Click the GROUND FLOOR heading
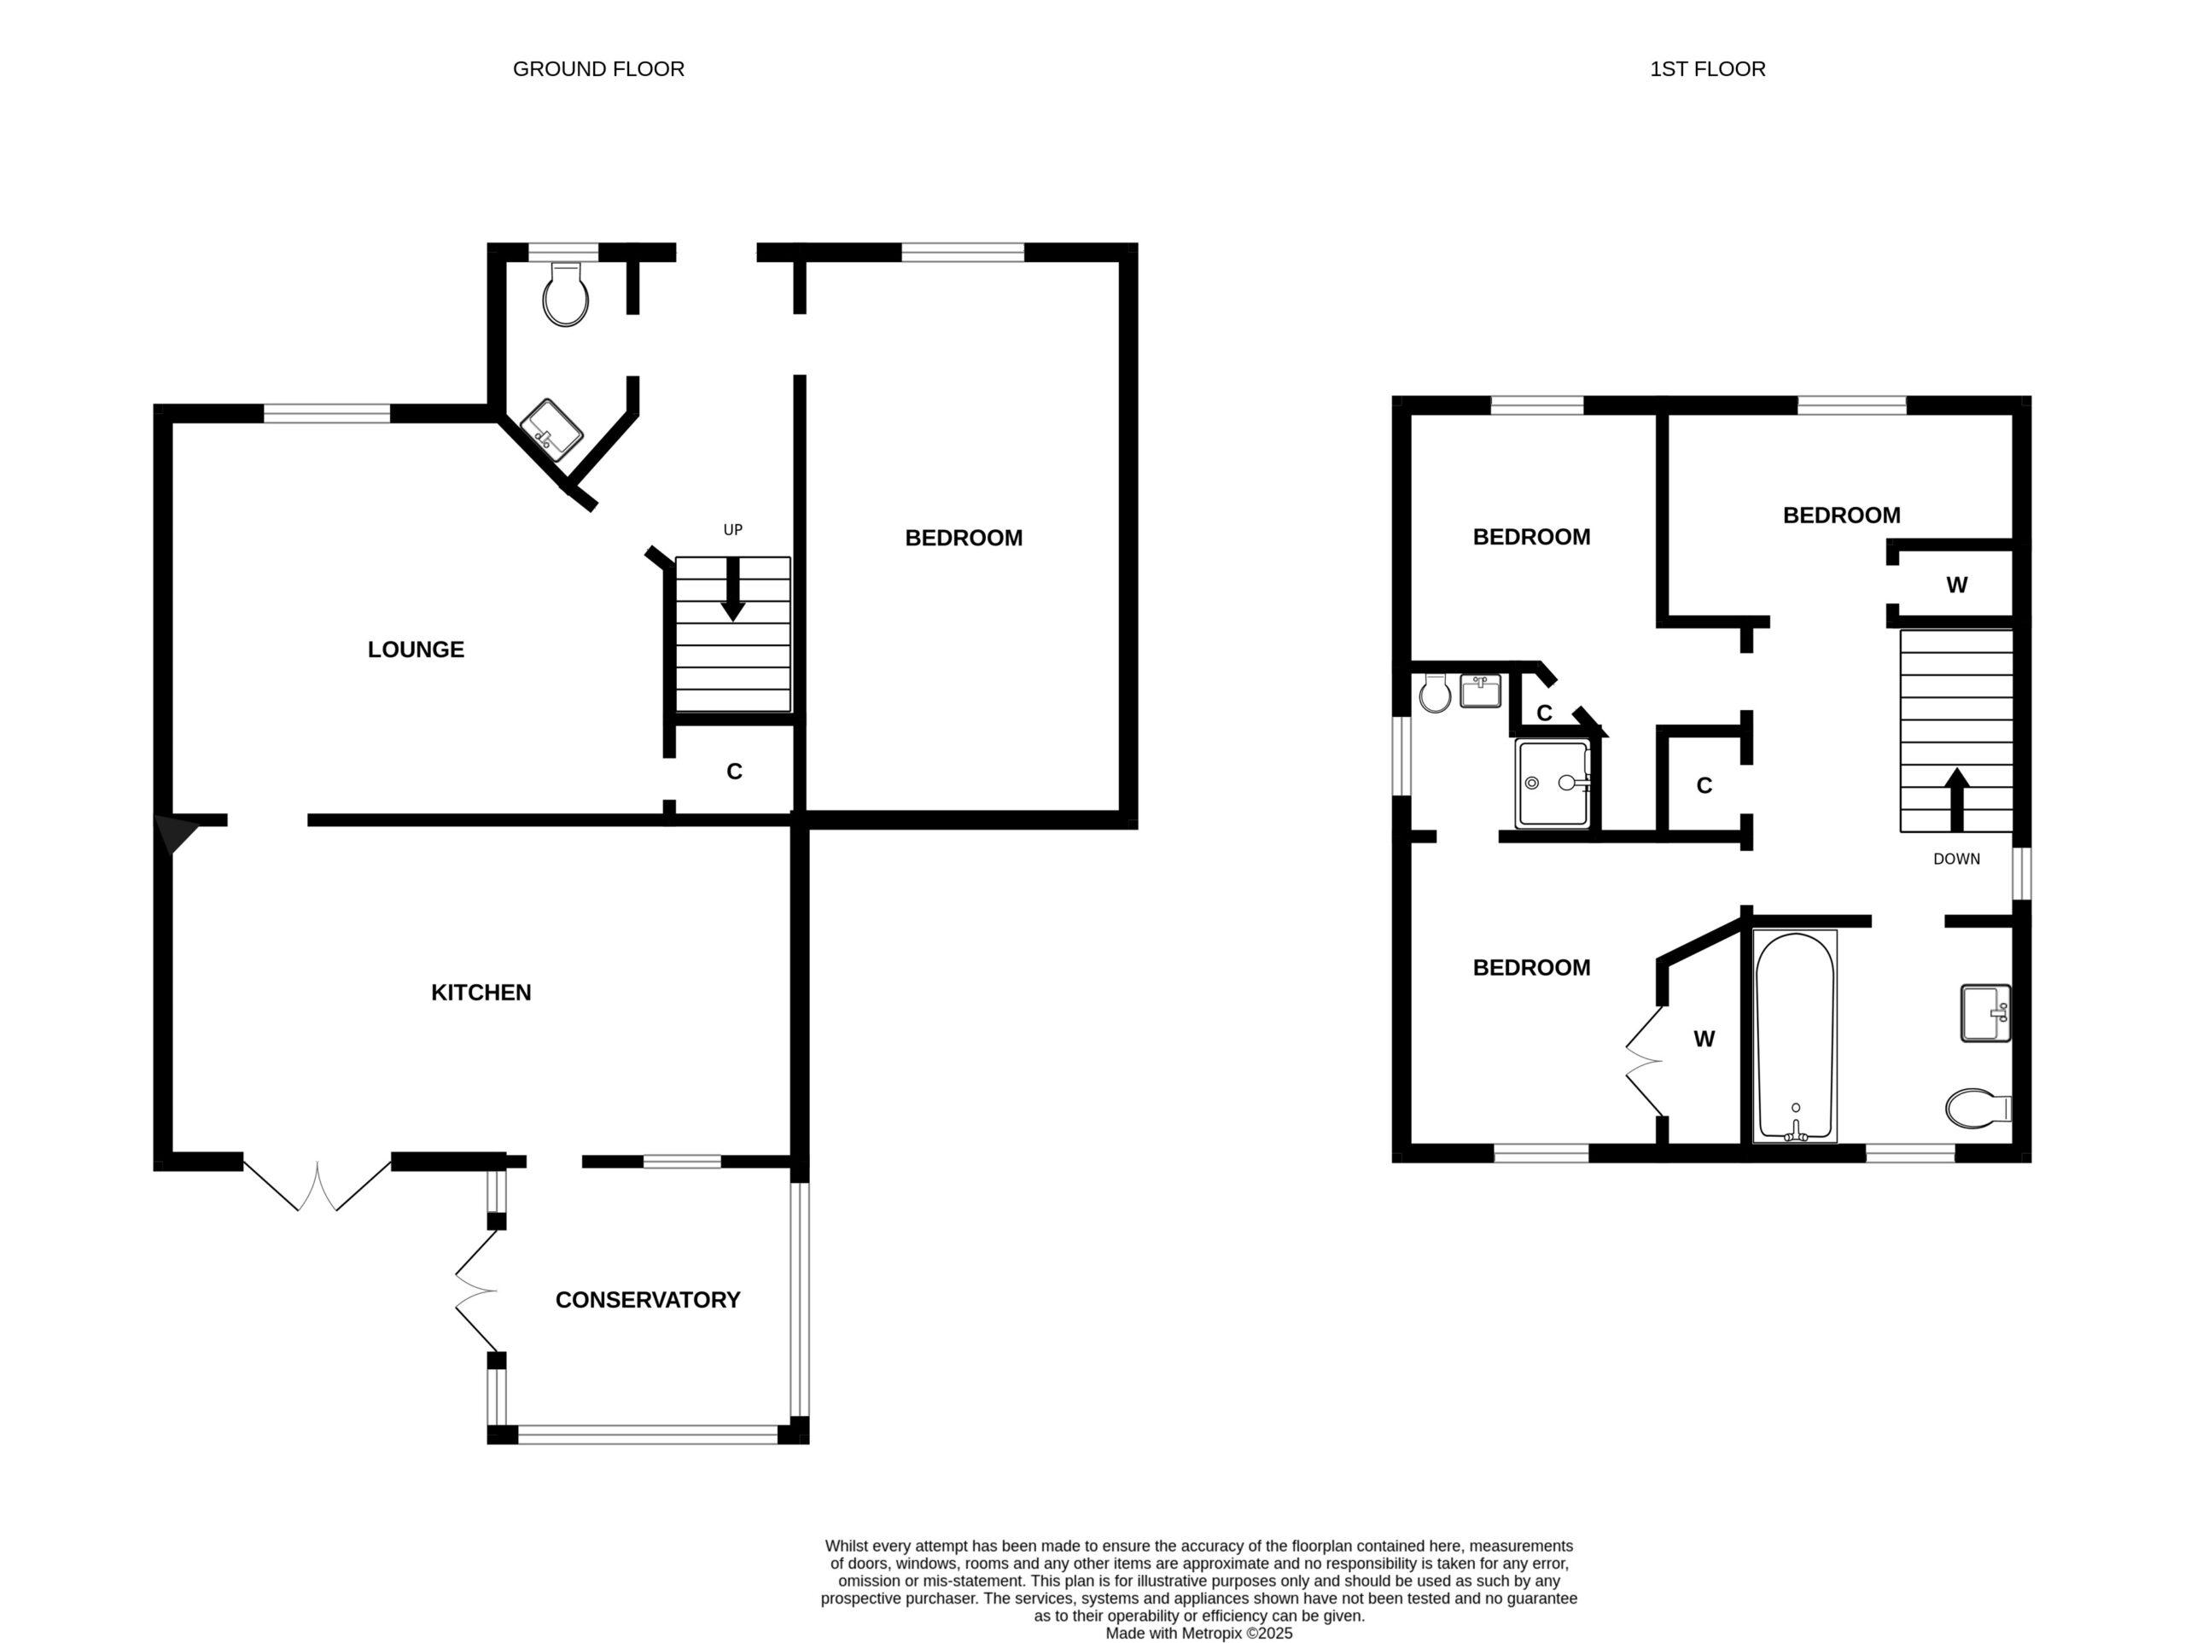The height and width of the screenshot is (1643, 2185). pyautogui.click(x=597, y=69)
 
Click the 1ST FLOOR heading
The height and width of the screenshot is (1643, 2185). pyautogui.click(x=1707, y=69)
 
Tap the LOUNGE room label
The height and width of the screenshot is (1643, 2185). pyautogui.click(x=416, y=650)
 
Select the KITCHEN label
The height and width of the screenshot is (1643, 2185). pyautogui.click(x=481, y=992)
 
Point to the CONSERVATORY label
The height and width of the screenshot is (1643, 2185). pyautogui.click(x=648, y=1299)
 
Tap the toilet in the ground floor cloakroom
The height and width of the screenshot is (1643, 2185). pyautogui.click(x=566, y=294)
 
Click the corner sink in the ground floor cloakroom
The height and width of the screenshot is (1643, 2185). pyautogui.click(x=551, y=430)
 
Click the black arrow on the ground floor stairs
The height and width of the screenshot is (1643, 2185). pyautogui.click(x=732, y=590)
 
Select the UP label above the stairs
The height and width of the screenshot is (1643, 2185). pyautogui.click(x=733, y=529)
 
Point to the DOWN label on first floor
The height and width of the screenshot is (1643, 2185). pyautogui.click(x=1957, y=859)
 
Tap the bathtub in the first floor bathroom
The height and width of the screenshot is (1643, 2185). pyautogui.click(x=1795, y=1036)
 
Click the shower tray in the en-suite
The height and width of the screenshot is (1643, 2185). pyautogui.click(x=1553, y=783)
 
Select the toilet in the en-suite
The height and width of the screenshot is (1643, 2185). pyautogui.click(x=1434, y=692)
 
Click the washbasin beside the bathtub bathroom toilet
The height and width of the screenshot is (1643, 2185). pyautogui.click(x=1985, y=1012)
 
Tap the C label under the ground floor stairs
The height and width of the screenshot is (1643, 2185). pyautogui.click(x=734, y=772)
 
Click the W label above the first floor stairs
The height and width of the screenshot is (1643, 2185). pyautogui.click(x=1957, y=585)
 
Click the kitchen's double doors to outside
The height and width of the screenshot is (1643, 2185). pyautogui.click(x=318, y=1185)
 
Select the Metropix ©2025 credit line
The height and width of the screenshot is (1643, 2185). pyautogui.click(x=1198, y=1633)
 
